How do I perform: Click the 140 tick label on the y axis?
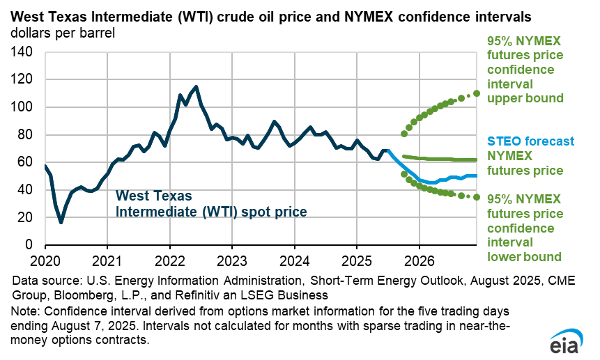[x=23, y=52]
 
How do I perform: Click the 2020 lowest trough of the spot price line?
[x=61, y=222]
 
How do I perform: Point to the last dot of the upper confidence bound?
[x=477, y=93]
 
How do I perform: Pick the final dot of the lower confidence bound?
[x=477, y=197]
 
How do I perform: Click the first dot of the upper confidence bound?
[x=404, y=134]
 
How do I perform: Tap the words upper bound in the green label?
[x=525, y=98]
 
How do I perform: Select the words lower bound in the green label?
[x=524, y=256]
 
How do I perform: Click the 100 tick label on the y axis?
[x=23, y=107]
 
